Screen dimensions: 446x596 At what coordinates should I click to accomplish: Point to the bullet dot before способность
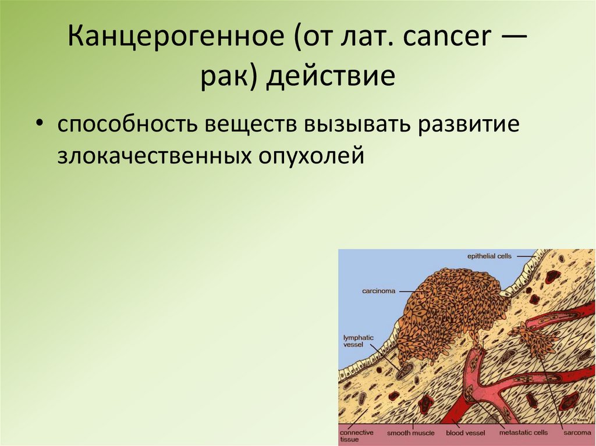click(39, 126)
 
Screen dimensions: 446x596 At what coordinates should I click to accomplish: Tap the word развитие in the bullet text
click(471, 126)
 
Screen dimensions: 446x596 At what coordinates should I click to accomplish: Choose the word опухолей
click(308, 156)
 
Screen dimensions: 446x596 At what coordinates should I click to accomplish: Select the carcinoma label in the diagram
click(379, 290)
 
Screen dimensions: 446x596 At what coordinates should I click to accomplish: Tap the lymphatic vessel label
click(358, 341)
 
